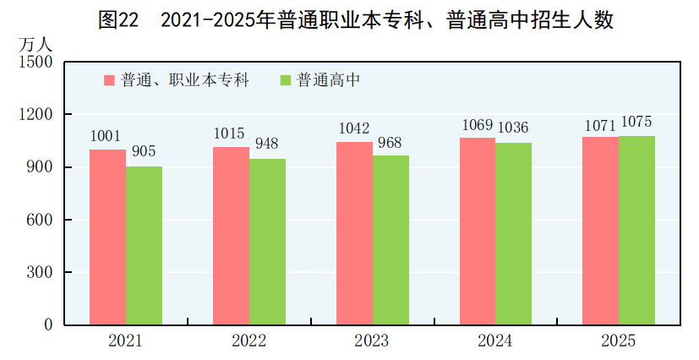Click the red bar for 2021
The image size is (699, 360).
pos(108,237)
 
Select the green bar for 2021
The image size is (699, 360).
pos(145,246)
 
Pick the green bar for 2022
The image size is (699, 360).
pos(267,242)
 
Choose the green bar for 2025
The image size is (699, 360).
pos(636,231)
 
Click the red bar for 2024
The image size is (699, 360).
pos(478,232)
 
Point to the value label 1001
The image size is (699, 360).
pos(106,136)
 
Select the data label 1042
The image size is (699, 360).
pos(354,128)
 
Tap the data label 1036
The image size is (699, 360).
pos(513,128)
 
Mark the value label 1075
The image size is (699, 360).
pos(637,122)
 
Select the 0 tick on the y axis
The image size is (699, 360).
pos(49,325)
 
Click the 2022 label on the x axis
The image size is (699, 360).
pos(248,341)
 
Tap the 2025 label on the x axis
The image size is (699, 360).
pos(618,341)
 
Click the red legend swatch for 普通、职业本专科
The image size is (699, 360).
pos(110,80)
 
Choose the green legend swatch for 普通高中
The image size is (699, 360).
pos(285,80)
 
